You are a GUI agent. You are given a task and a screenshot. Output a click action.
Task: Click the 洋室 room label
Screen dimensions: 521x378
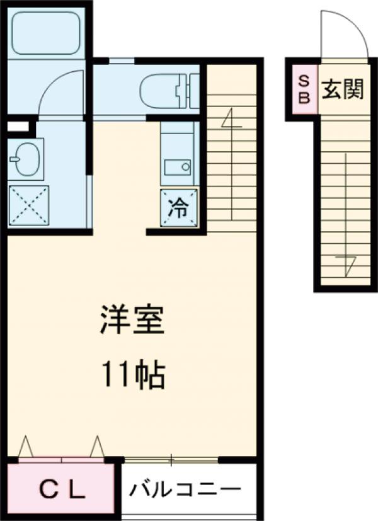click(132, 321)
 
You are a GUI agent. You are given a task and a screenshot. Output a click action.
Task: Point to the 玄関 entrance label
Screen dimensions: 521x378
click(343, 90)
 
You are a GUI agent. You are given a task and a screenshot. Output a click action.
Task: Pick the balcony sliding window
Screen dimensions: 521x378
click(172, 457)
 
